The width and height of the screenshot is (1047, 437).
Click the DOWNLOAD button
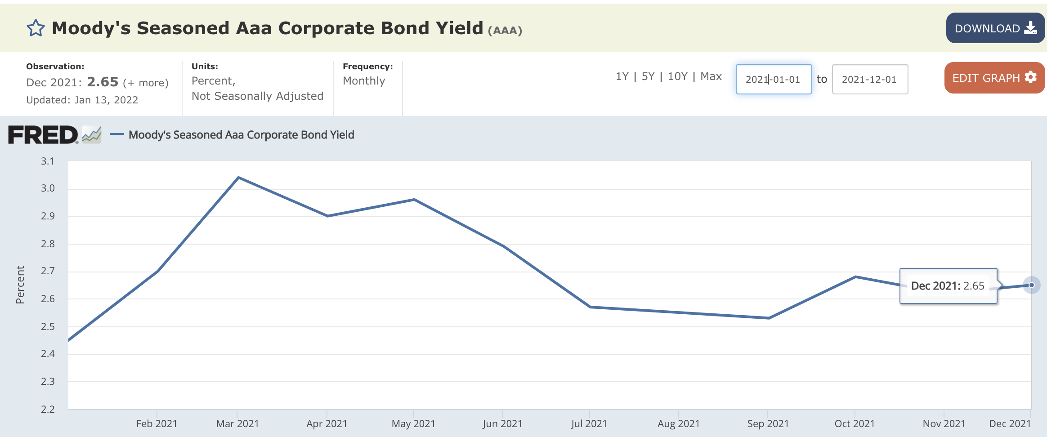(995, 28)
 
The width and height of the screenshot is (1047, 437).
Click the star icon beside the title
(36, 28)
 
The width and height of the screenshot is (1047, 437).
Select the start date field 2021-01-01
(773, 80)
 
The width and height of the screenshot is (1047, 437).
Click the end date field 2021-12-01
(869, 80)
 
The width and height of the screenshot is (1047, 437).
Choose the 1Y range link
(622, 76)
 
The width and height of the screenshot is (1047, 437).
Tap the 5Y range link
(648, 76)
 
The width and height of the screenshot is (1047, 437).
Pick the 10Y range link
(677, 76)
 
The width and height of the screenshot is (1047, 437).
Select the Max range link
(711, 76)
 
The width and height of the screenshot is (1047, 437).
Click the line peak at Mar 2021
(238, 178)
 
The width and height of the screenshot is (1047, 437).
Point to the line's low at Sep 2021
(769, 318)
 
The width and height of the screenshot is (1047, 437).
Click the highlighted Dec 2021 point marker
(1031, 285)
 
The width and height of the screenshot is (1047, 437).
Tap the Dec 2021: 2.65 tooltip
(948, 286)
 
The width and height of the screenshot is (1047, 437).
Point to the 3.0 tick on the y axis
(48, 188)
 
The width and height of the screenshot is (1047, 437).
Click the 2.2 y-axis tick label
(48, 409)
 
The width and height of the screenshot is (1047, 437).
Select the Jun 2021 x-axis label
(502, 424)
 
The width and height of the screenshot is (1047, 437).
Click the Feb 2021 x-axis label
(157, 424)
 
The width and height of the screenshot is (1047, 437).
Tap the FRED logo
(43, 135)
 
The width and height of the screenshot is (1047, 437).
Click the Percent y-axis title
(20, 285)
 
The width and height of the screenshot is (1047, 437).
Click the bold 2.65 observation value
(103, 82)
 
